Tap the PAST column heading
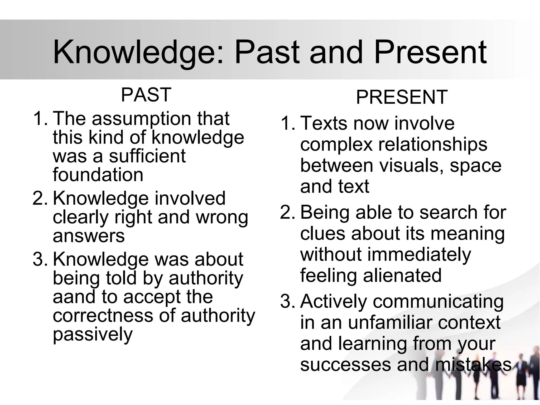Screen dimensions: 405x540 (x=146, y=95)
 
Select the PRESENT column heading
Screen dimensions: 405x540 (x=402, y=97)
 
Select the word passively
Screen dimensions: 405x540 (x=93, y=334)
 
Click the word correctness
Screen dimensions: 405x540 (x=103, y=315)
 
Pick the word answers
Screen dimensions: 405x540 (x=89, y=236)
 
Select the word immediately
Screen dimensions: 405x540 (x=419, y=255)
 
